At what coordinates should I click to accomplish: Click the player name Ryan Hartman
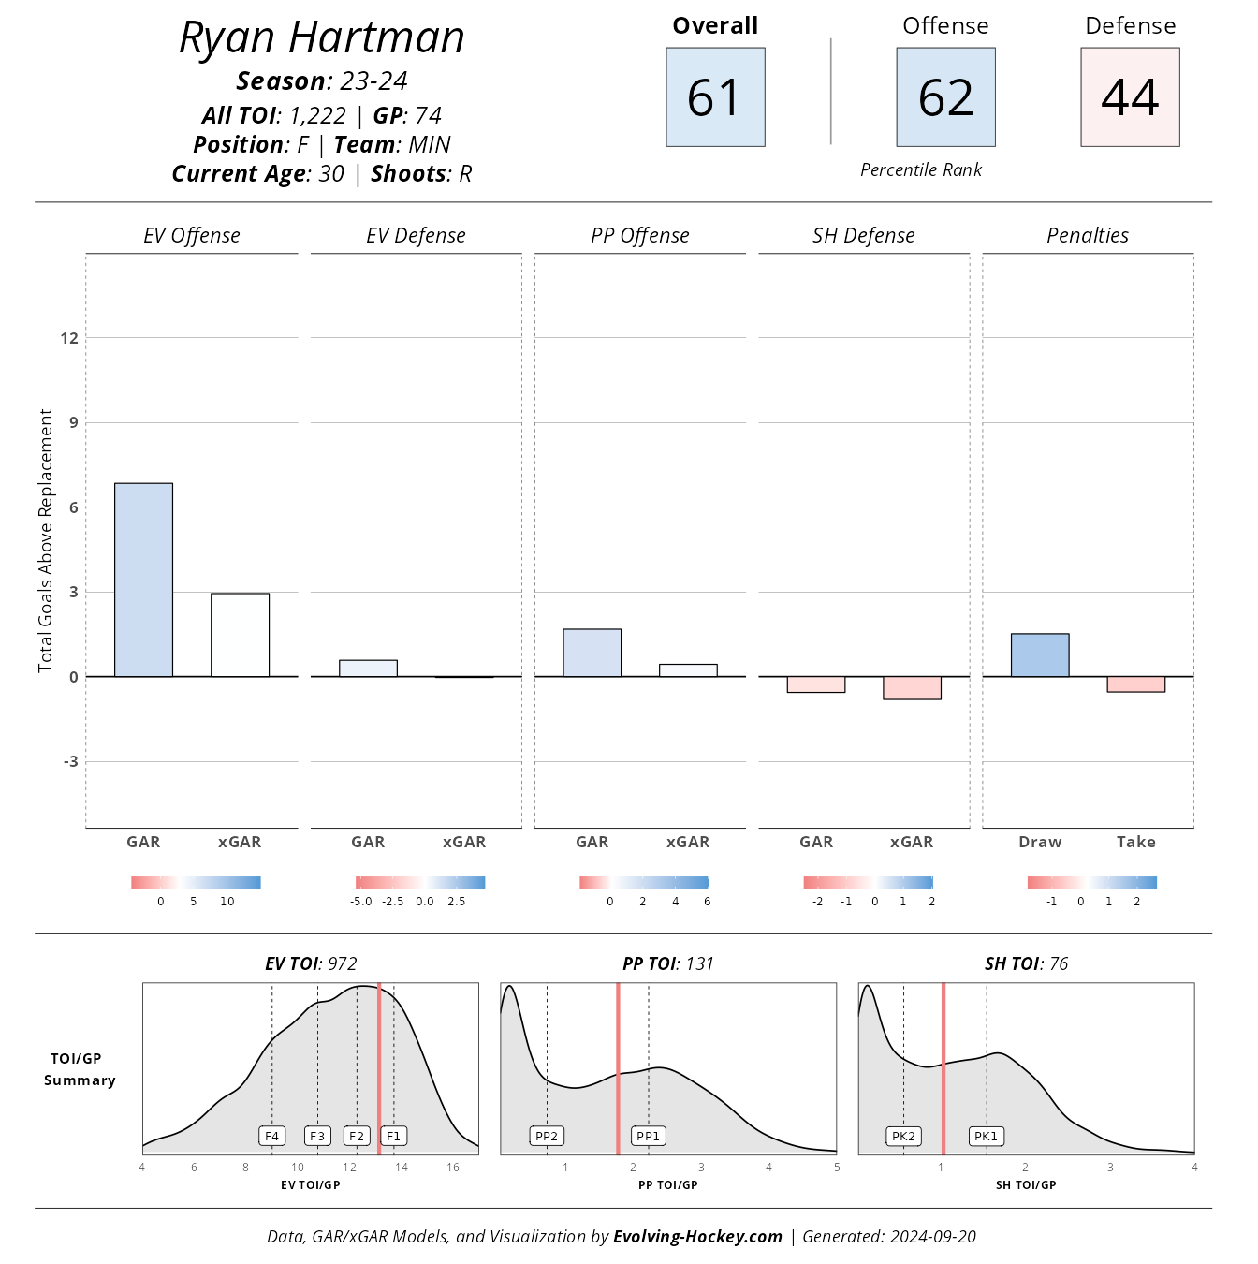click(x=321, y=38)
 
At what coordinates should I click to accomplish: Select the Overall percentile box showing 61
click(x=715, y=97)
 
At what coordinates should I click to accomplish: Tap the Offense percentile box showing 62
click(x=945, y=97)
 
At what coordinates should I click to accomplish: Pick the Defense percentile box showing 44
click(x=1130, y=97)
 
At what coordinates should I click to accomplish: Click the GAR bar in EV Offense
click(x=143, y=580)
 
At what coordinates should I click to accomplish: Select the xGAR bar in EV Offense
click(x=240, y=635)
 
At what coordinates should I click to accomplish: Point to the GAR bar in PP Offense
click(x=592, y=653)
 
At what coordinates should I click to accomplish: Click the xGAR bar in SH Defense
click(x=912, y=688)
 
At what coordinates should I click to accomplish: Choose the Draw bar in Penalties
click(x=1040, y=655)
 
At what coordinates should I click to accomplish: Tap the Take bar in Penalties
click(x=1135, y=684)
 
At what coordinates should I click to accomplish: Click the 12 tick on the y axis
click(x=69, y=338)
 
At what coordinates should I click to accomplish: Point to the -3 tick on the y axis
click(x=70, y=761)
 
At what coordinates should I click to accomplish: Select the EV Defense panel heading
click(x=416, y=236)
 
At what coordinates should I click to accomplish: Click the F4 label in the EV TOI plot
click(x=271, y=1136)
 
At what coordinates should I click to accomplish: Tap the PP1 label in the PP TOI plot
click(x=648, y=1136)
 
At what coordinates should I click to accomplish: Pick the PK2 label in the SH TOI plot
click(x=903, y=1136)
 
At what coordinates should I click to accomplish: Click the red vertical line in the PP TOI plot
click(x=618, y=1067)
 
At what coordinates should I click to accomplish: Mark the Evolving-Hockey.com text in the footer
click(x=697, y=1236)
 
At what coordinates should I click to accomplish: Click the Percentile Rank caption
click(x=921, y=169)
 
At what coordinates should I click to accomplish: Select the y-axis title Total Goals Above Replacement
click(x=45, y=540)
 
